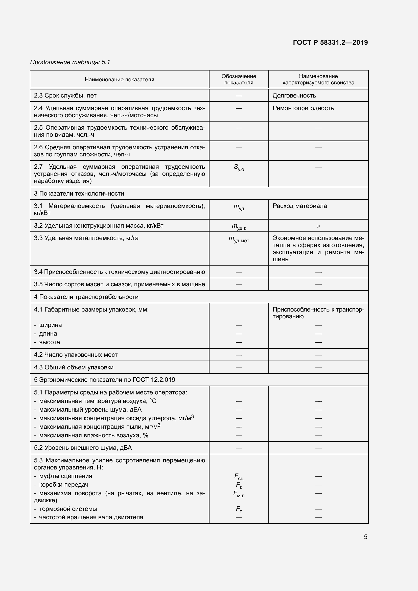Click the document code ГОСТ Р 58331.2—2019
point(330,42)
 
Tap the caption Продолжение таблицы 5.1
point(70,62)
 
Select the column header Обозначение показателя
point(239,79)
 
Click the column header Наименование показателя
point(120,80)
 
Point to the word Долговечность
point(294,96)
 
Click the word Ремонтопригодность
point(303,108)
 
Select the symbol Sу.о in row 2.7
point(239,168)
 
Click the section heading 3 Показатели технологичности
point(79,194)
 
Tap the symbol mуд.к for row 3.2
point(239,226)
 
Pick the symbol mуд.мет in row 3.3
point(239,239)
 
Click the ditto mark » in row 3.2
point(318,226)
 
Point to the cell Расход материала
point(300,206)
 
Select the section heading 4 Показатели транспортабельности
point(86,297)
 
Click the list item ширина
point(51,325)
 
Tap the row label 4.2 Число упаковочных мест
point(76,355)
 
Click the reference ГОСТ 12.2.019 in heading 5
point(154,380)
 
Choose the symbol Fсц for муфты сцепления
point(239,477)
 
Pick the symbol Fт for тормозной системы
point(239,509)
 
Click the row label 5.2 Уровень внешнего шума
point(83,448)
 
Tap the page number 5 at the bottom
point(365,537)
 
